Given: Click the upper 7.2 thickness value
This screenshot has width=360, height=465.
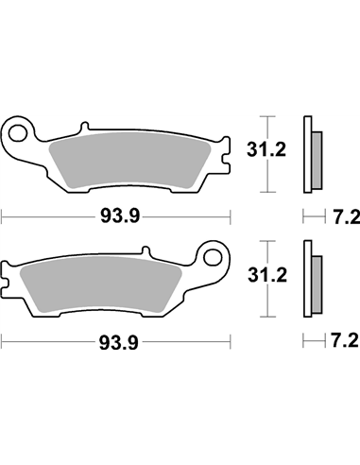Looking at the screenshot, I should pyautogui.click(x=344, y=215).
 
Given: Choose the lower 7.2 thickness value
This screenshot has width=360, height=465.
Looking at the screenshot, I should pyautogui.click(x=344, y=339).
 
